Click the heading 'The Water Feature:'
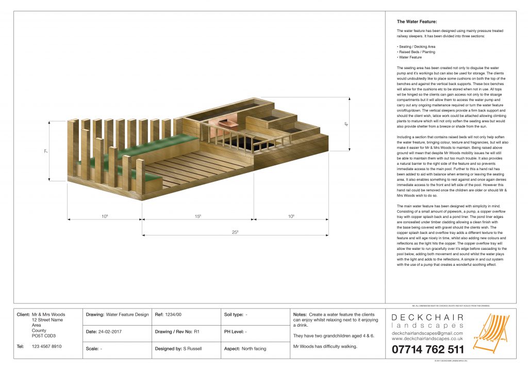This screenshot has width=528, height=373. [x=417, y=22]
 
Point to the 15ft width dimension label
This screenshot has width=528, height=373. [x=197, y=216]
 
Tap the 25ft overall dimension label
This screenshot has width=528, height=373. [x=235, y=232]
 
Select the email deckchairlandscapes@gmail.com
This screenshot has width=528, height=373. [x=427, y=333]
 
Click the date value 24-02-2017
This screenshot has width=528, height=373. [x=119, y=332]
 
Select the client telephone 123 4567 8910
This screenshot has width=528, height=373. [x=47, y=346]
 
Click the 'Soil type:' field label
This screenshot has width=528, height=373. [x=235, y=314]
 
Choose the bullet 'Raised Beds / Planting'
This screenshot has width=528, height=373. [x=417, y=52]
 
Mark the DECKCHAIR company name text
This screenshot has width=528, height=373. [x=427, y=317]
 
